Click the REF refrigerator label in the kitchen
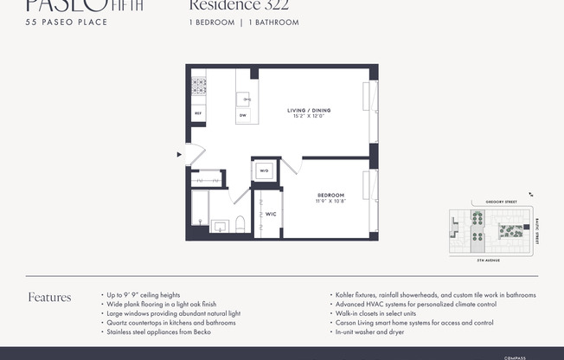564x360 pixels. [x=198, y=113]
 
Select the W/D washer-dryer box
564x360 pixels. [x=264, y=171]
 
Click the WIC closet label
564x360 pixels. [x=271, y=213]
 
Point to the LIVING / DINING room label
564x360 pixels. [x=309, y=110]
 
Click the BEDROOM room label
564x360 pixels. [x=330, y=195]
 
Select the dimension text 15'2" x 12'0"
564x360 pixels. [x=309, y=117]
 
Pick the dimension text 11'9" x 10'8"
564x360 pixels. [x=330, y=201]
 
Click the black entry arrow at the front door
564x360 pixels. [x=179, y=155]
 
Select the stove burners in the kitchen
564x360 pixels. [x=198, y=87]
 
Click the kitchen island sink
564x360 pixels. [x=246, y=99]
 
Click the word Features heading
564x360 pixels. [x=49, y=297]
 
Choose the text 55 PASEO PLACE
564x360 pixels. [x=66, y=22]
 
